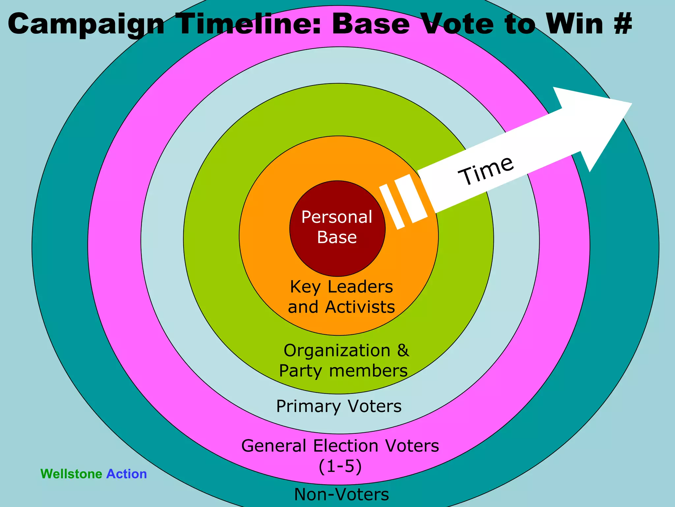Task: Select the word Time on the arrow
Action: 486,171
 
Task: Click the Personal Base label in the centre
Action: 337,227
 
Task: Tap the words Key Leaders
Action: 341,287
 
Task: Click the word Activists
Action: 360,307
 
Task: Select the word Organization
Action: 337,351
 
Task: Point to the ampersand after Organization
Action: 403,350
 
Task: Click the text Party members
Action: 343,371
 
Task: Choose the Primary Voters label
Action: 339,406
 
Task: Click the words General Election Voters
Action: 340,446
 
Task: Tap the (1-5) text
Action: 340,466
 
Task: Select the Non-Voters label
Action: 341,494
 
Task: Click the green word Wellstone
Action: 71,474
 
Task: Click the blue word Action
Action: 127,474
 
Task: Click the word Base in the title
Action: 370,24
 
